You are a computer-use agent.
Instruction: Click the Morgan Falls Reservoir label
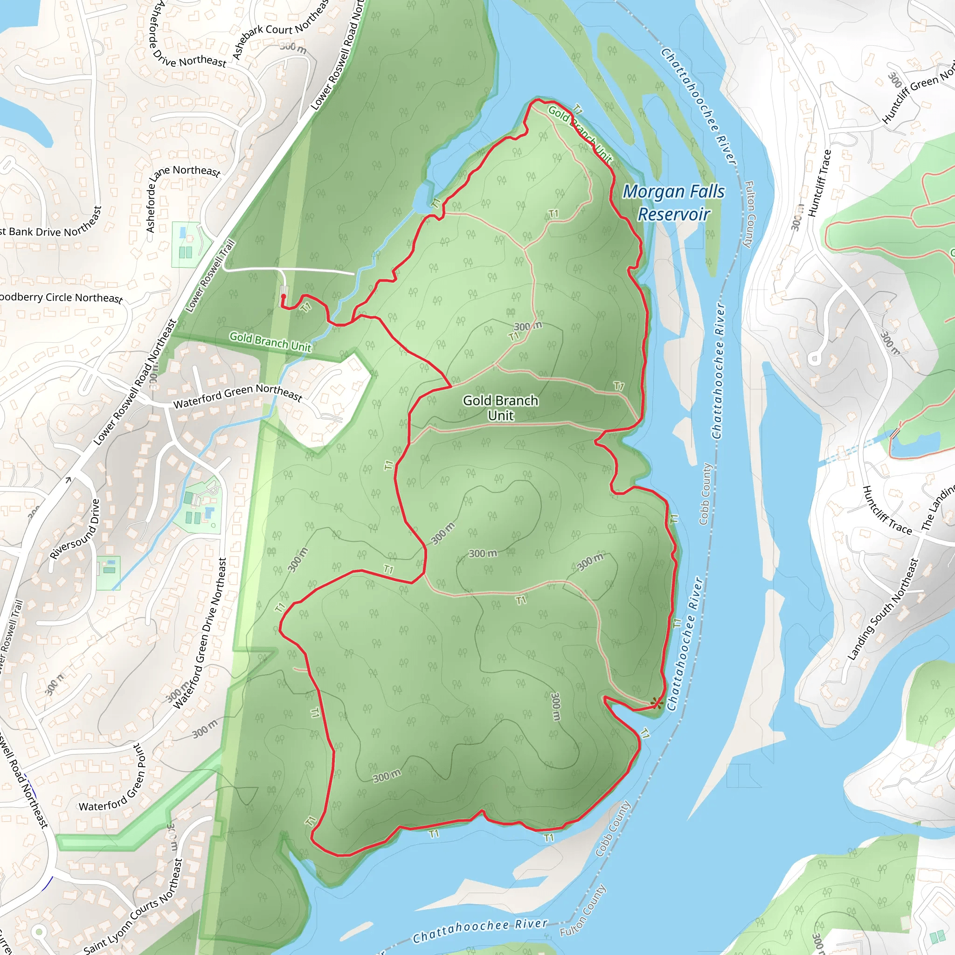(x=673, y=202)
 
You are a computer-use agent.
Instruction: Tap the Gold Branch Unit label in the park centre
(x=500, y=408)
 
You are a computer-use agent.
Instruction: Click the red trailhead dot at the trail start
(x=283, y=297)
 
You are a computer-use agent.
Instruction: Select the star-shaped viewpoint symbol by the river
(x=656, y=703)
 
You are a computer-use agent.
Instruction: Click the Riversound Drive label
(x=75, y=529)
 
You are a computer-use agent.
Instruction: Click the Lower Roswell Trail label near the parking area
(x=210, y=276)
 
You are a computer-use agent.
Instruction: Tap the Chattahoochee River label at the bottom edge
(x=480, y=930)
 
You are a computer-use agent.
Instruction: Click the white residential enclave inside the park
(x=326, y=401)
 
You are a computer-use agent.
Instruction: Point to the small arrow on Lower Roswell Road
(x=68, y=479)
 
